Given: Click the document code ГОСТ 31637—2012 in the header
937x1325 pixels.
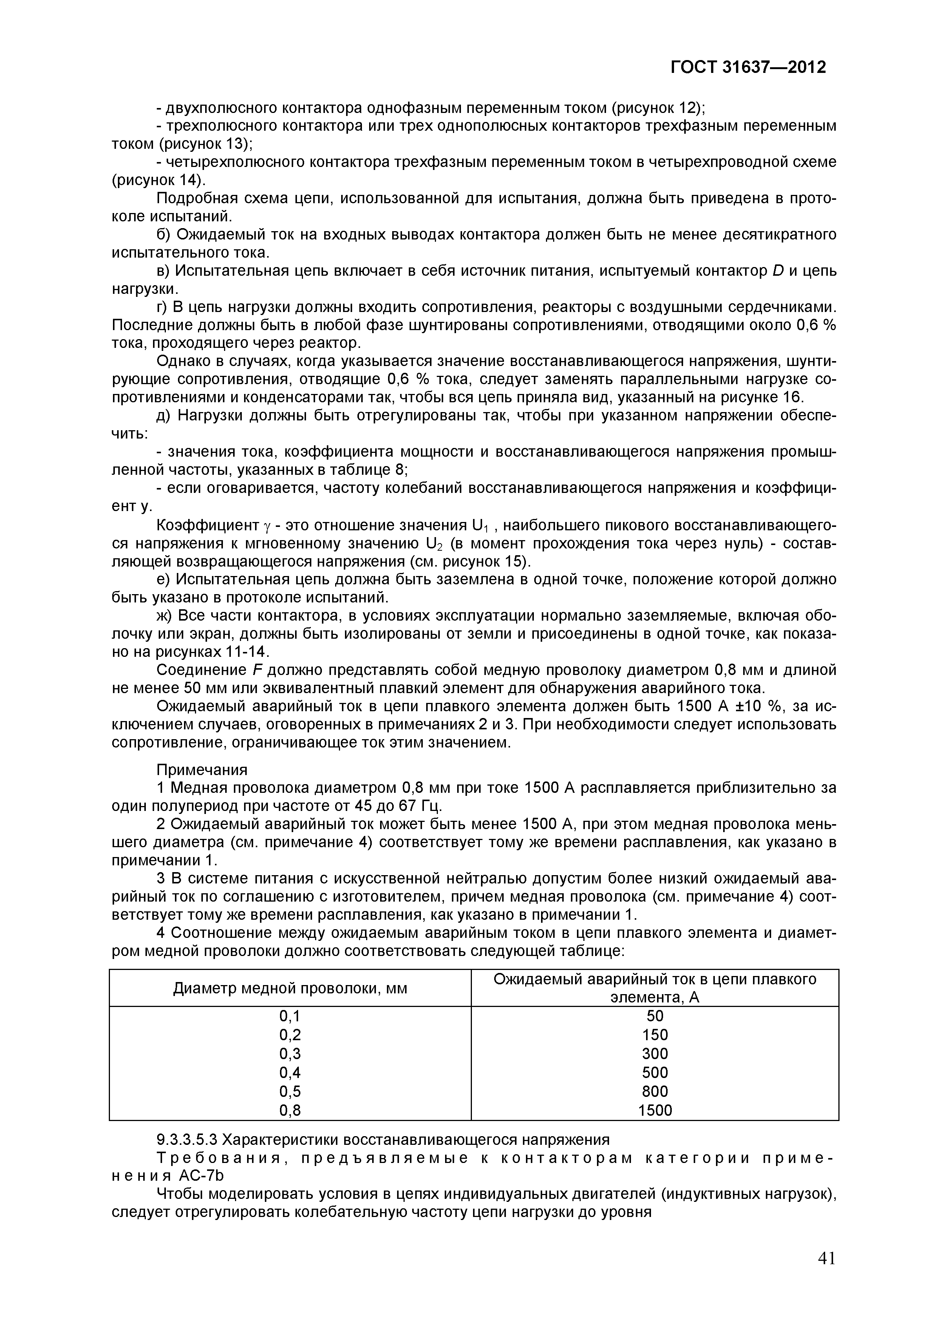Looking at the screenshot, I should tap(748, 68).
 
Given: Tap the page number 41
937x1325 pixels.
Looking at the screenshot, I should tap(827, 1258).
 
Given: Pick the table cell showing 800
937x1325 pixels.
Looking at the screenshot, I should tap(655, 1091).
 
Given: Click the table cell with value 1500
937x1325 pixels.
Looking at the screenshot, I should tap(655, 1110).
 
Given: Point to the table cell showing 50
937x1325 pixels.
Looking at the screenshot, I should tap(655, 1016).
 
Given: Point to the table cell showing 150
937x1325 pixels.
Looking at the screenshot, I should tap(655, 1035).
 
